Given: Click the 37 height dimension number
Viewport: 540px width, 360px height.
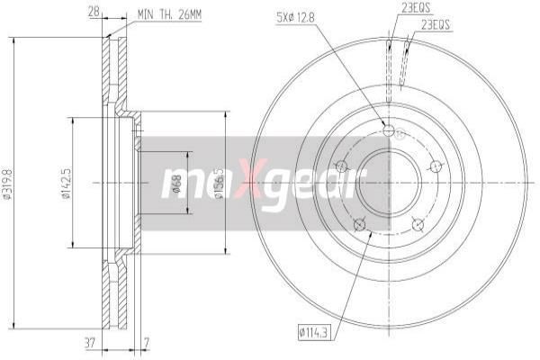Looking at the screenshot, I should click(90, 343).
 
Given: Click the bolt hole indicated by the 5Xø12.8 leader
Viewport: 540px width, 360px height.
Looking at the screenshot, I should click(389, 131).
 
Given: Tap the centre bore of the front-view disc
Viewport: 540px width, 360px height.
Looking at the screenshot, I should click(388, 184).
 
